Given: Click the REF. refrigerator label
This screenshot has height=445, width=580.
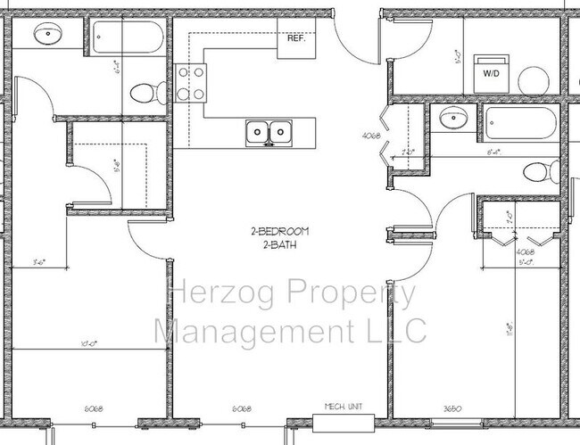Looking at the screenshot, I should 295,39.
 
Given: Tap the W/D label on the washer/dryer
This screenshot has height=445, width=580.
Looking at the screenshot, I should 492,74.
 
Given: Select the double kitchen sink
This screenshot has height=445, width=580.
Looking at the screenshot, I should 269,132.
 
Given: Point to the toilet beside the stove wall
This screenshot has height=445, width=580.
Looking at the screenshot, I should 144,91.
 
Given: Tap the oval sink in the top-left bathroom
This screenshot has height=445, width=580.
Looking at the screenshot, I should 46,35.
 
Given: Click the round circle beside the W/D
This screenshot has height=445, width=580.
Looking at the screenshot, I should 534,79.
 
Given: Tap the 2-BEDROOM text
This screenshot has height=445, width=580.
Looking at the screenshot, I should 278,232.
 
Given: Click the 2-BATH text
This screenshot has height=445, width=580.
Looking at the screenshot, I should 278,243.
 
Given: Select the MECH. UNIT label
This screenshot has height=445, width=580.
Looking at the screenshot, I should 339,407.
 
